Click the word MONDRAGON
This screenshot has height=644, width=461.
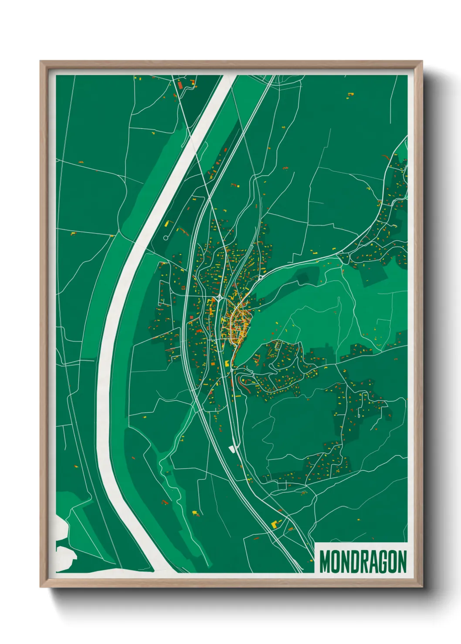pos(363,562)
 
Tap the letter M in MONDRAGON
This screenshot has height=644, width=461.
pos(325,562)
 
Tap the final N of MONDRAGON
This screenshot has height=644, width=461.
pos(402,562)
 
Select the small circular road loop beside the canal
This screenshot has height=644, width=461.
pos(166,238)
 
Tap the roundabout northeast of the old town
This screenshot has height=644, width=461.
pos(260,277)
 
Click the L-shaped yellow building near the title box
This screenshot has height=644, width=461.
pos(275,524)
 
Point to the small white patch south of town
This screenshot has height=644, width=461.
pos(231,449)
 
